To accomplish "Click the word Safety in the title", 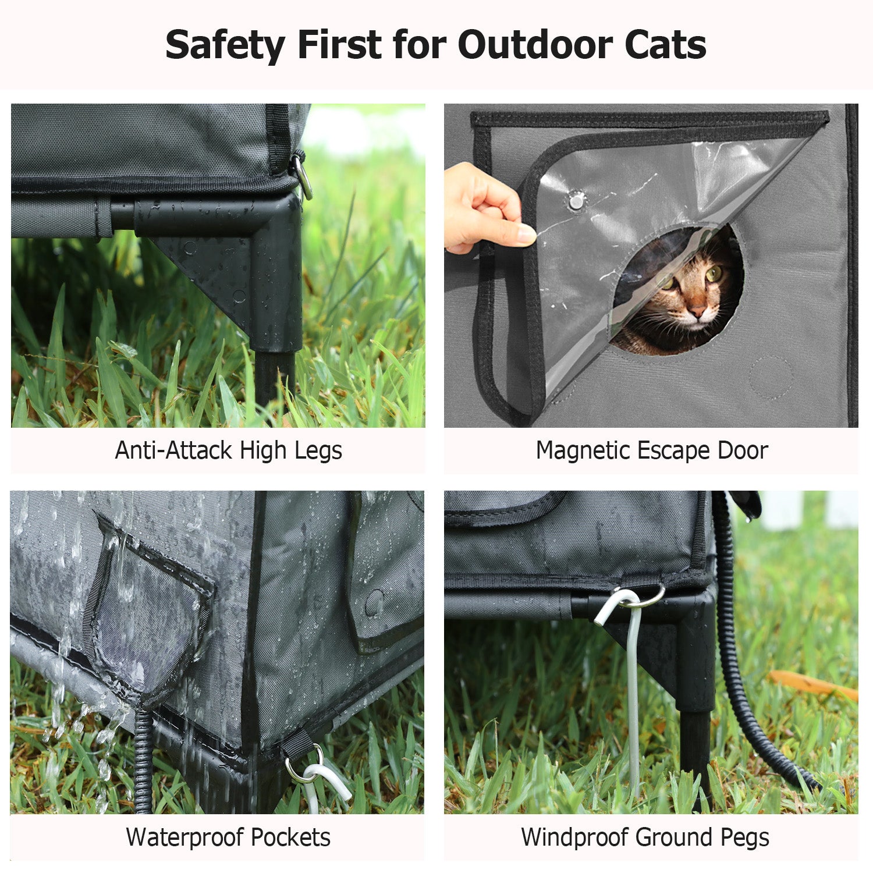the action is tap(225, 45).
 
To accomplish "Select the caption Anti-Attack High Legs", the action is tap(228, 450).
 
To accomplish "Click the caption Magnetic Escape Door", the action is tap(652, 450).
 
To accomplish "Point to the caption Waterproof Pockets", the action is tap(228, 837).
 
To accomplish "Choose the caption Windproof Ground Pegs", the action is tap(645, 837).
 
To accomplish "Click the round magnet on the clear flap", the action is tap(576, 201).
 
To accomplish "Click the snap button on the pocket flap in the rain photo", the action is tap(374, 604).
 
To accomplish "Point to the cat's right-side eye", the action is tap(714, 272).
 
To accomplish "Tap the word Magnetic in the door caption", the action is tap(582, 450).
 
